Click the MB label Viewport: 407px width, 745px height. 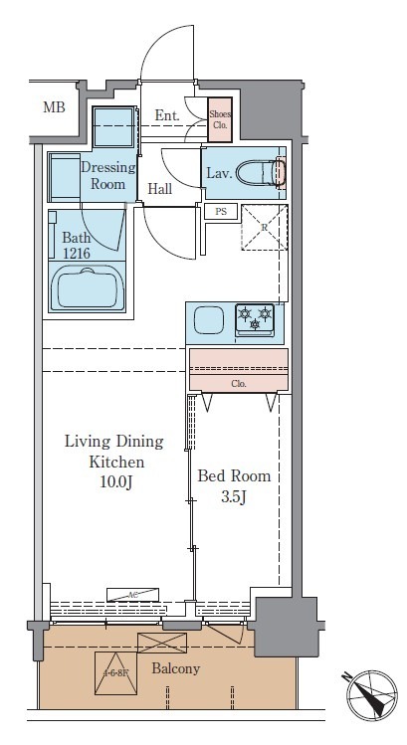coord(53,107)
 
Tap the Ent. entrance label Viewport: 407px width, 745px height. coord(167,116)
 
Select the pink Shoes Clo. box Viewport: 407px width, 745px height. coord(220,119)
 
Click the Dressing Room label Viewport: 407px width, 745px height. coord(107,176)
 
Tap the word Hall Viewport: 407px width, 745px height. coord(162,188)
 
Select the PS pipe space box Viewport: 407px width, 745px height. coord(219,212)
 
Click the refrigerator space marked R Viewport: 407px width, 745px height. coord(264,228)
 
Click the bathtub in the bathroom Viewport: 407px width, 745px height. coord(89,288)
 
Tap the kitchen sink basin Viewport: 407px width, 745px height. coord(209,321)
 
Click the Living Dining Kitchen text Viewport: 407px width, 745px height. coord(113,452)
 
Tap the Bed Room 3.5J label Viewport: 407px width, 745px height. coord(234,486)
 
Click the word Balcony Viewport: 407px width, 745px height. coord(175,668)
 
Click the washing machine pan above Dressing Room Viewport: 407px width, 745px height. coord(112,128)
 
